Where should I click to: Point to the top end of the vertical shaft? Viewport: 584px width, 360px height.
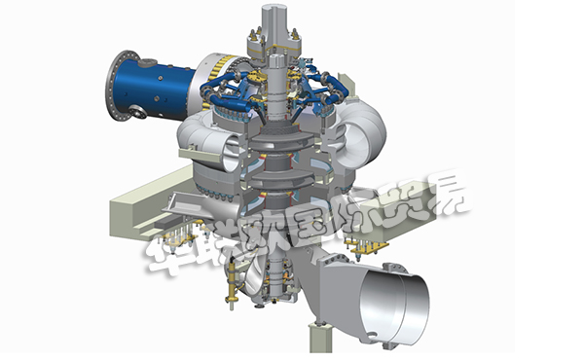point(274,8)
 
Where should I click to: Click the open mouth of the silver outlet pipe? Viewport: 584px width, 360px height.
point(396,306)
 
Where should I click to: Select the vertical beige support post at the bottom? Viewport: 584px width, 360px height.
point(320,338)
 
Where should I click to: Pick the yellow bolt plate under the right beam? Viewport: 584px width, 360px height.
point(366,245)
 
